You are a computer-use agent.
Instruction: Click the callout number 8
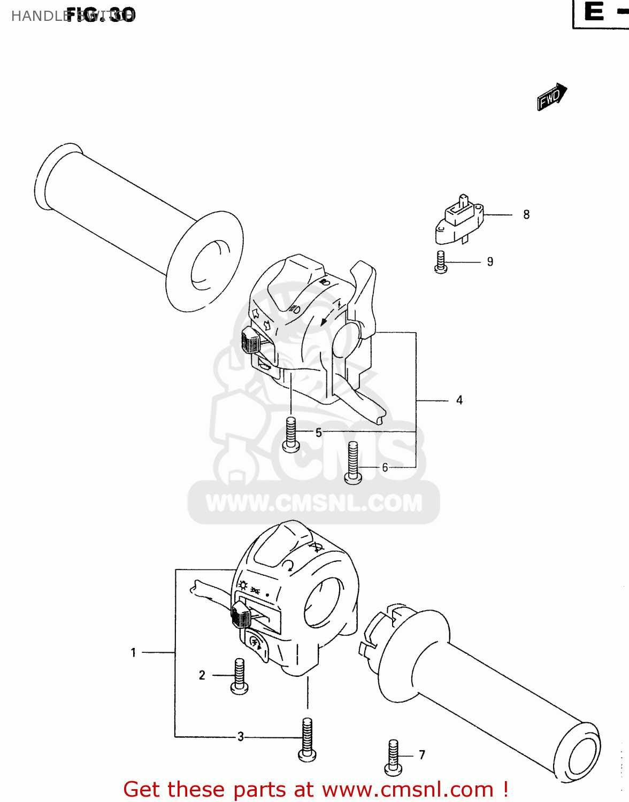coord(526,215)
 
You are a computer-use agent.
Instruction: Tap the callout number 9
coord(490,262)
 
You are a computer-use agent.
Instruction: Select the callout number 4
coord(459,400)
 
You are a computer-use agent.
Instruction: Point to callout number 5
coord(319,433)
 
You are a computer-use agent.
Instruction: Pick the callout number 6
coord(385,468)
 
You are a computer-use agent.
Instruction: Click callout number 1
coord(133,653)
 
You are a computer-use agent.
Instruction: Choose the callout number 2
coord(202,675)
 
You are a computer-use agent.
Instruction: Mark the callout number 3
coord(241,737)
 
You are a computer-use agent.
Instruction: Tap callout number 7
coord(422,755)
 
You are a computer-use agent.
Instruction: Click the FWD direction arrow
coord(551,97)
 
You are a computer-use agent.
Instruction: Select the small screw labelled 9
coord(441,263)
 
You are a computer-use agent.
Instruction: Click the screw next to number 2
coord(239,676)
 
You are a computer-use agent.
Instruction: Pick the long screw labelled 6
coord(353,462)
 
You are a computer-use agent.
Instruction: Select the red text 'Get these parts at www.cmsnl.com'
coord(316,789)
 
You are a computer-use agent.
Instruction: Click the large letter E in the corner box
coord(594,12)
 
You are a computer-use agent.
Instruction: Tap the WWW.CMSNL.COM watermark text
coord(314,503)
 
